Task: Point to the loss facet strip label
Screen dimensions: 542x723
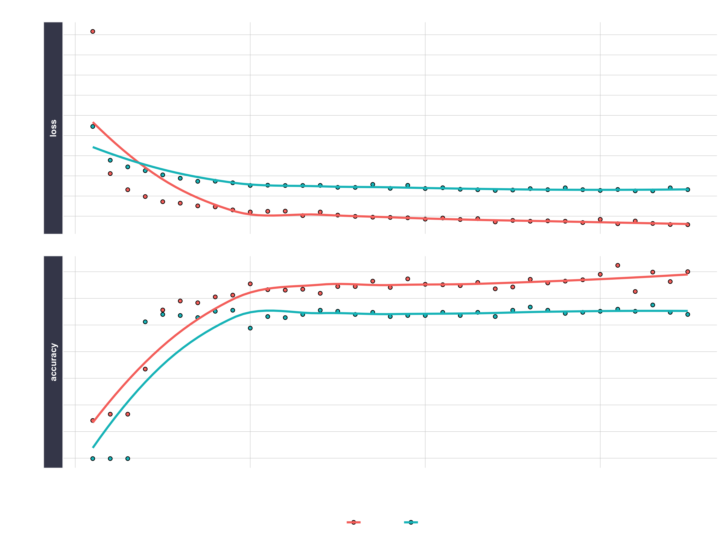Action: point(53,128)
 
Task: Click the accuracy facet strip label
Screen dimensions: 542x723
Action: point(53,362)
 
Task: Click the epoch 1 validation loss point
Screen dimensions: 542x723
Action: point(93,126)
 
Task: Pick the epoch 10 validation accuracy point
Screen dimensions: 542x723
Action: point(250,328)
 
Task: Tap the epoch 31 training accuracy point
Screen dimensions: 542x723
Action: point(618,265)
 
